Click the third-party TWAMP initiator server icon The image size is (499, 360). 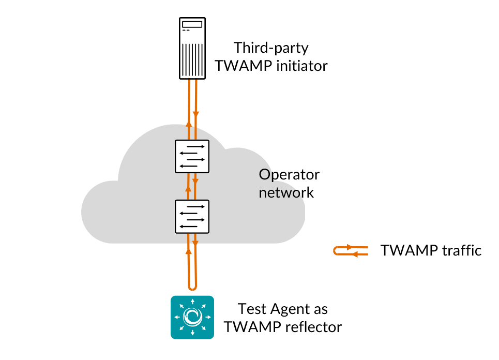pos(192,48)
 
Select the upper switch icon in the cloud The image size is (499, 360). pos(192,156)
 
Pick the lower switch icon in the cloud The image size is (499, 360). pos(192,216)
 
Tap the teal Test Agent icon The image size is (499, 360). pos(192,317)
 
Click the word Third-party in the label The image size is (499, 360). pos(271,48)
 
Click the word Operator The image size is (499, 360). pos(289,175)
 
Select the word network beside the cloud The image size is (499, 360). pos(286,192)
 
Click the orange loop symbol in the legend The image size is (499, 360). pos(351,251)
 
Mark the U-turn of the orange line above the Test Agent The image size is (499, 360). pos(192,287)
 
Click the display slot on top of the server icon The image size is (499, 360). pos(192,24)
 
